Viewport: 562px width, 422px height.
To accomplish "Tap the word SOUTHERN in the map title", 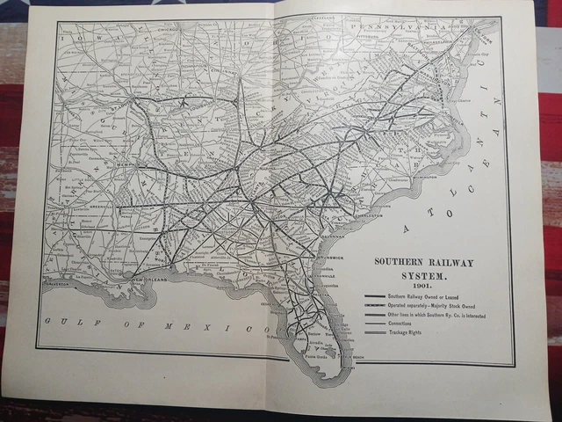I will (400, 262).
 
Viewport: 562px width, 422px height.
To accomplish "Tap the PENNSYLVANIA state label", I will (393, 28).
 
